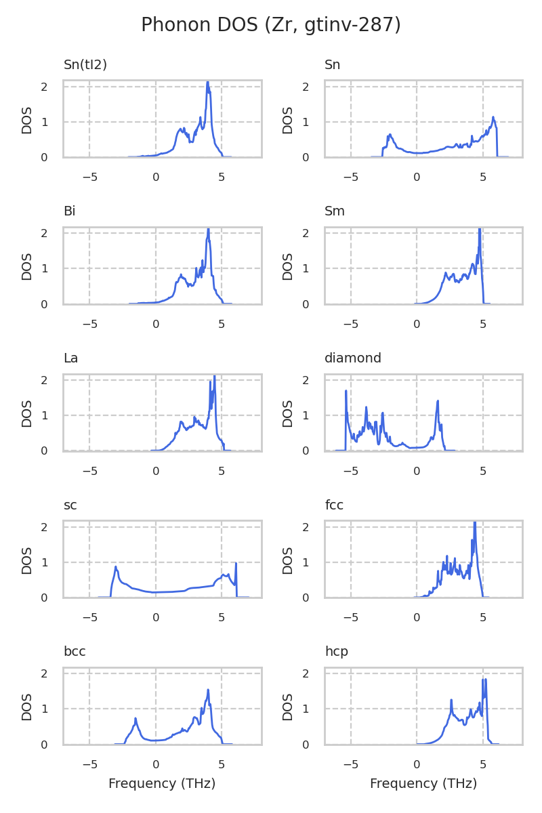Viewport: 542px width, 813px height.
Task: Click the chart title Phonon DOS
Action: point(271,25)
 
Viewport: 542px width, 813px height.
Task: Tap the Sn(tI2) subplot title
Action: point(85,65)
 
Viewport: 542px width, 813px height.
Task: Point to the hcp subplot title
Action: point(337,652)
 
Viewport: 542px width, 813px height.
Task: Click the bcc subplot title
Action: point(75,652)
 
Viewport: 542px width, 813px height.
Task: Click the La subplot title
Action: point(70,358)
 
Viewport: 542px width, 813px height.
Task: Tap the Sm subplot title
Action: point(335,211)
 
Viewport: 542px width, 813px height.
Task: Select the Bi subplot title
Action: point(69,211)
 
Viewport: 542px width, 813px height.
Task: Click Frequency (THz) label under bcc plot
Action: point(162,784)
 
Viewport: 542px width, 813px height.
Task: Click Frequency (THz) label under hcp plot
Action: point(423,784)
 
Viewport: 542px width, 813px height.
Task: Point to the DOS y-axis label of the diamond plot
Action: point(288,413)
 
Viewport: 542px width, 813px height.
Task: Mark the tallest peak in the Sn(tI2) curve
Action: point(207,83)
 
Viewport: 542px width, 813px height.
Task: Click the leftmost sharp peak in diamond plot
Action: point(346,391)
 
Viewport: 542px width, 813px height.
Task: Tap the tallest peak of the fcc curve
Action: point(475,523)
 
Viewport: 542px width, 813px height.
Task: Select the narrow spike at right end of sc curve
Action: point(236,564)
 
